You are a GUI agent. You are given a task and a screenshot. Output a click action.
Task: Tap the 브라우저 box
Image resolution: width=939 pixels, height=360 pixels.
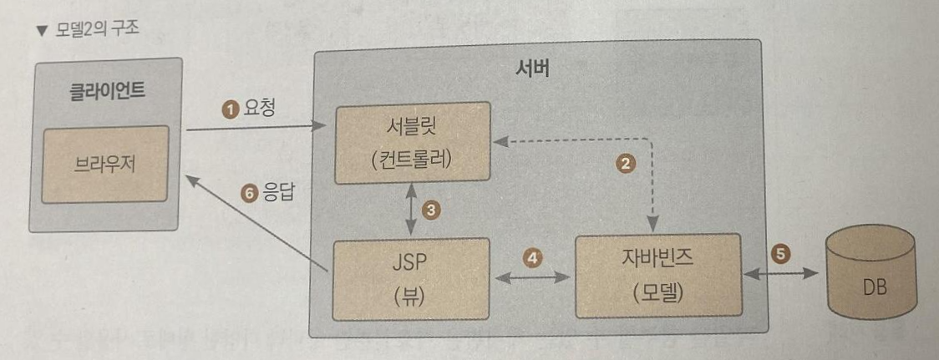tap(105, 162)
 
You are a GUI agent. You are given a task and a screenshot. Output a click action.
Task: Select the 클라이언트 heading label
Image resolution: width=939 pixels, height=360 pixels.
tap(106, 90)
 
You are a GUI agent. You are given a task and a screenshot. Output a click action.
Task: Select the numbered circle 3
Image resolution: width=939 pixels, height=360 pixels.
tap(431, 210)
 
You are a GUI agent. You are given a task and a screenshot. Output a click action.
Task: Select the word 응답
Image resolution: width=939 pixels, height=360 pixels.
tap(277, 193)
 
